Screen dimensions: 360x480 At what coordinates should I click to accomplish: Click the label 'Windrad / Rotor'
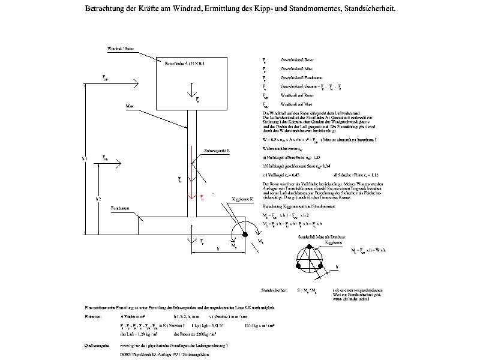121,47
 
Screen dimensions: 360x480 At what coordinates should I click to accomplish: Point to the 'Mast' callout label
130,106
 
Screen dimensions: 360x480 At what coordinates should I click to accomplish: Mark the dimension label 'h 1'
84,159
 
